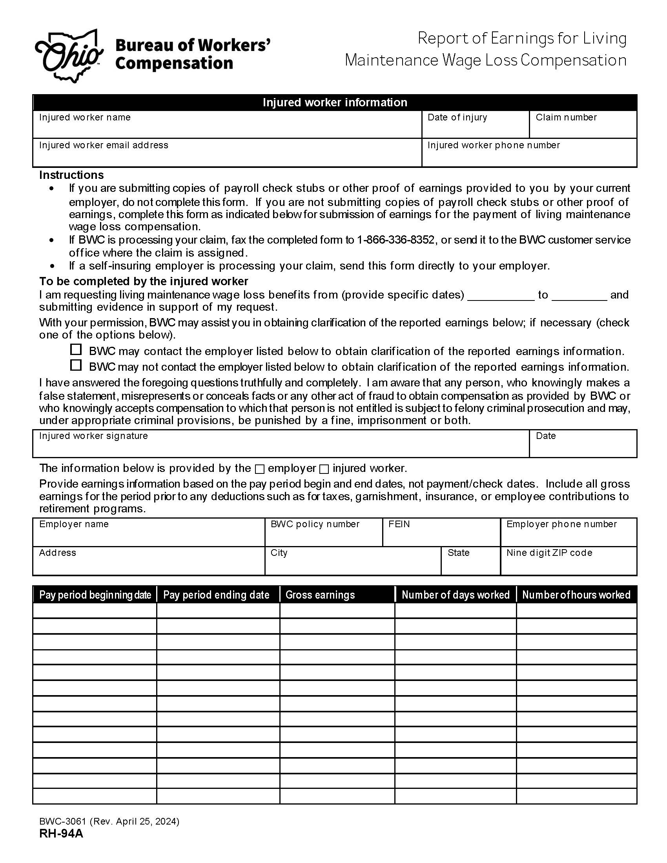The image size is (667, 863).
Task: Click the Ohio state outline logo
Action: (69, 56)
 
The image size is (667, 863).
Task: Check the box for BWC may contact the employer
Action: (76, 349)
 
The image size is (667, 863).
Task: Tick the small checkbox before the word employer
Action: (260, 469)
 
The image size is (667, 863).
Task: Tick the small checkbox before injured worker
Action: (324, 469)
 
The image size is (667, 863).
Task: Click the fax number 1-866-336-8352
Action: (395, 240)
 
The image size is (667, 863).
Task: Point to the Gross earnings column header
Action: (320, 595)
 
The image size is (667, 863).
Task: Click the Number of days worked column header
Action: (455, 595)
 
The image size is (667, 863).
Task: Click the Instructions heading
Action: (71, 175)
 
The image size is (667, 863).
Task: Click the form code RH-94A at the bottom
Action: (61, 833)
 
